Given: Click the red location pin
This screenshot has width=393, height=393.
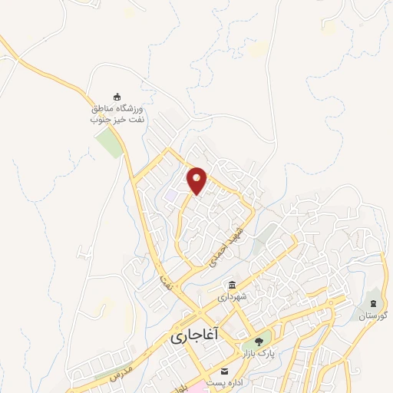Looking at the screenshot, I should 197,180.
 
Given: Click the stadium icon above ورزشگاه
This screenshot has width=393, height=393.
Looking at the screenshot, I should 117,96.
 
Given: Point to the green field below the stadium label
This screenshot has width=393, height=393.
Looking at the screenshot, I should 111,143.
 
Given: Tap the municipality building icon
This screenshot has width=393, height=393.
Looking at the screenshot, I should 232,285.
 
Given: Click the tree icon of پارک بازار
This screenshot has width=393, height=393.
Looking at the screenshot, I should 259,342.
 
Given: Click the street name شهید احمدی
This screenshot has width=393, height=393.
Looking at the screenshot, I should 227,246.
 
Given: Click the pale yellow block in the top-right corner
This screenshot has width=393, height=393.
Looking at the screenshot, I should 329,28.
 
